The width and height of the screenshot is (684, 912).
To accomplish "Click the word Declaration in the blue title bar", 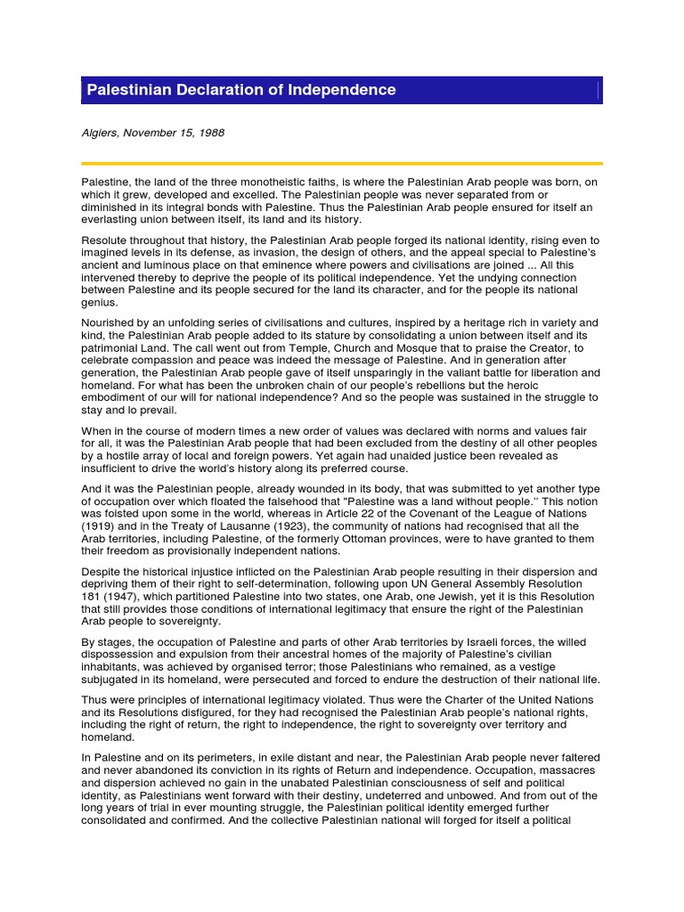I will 204,90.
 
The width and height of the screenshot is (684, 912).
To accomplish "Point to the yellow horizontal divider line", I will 341,163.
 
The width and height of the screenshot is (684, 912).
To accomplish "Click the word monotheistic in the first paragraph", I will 259,182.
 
